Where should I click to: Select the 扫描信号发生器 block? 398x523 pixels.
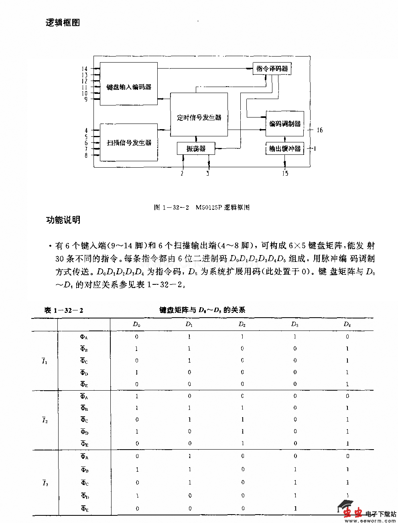128,142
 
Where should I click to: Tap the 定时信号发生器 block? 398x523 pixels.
199,117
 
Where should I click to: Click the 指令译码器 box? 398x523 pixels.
272,69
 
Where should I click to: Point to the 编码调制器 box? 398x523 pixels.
284,124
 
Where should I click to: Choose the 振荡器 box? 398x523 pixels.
196,148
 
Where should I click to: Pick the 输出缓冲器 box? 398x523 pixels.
284,149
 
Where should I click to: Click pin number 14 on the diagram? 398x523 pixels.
84,69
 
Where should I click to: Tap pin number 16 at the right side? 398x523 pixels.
319,130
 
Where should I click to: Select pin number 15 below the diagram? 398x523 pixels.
285,174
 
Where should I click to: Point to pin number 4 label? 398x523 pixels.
86,130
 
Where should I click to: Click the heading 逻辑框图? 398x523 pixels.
63,23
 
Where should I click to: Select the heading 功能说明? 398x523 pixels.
63,220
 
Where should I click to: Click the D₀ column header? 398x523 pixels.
137,324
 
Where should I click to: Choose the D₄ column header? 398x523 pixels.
347,324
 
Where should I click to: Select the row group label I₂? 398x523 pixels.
45,420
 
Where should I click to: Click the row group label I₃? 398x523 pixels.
45,483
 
